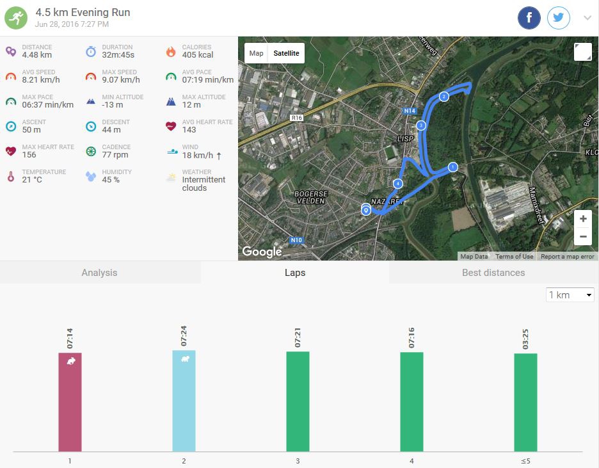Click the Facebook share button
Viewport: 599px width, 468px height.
(x=529, y=18)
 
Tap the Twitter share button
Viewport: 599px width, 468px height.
(x=559, y=18)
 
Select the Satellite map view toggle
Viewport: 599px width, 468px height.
(x=286, y=53)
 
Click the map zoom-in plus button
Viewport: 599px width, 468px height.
(x=583, y=219)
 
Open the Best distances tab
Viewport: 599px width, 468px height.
(x=493, y=273)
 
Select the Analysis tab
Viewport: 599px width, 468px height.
(x=99, y=273)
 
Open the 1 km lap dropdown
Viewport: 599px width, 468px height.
(x=571, y=295)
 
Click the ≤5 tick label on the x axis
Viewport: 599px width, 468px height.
(x=525, y=461)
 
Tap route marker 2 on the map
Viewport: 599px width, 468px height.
(x=443, y=97)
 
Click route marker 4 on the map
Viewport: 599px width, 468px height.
(x=398, y=184)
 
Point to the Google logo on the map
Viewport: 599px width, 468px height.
(x=262, y=252)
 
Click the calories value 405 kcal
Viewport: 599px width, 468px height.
(x=198, y=55)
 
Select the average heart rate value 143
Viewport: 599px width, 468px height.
(x=189, y=130)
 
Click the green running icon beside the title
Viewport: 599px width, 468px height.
(x=17, y=18)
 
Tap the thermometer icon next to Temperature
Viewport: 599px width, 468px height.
(x=10, y=176)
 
